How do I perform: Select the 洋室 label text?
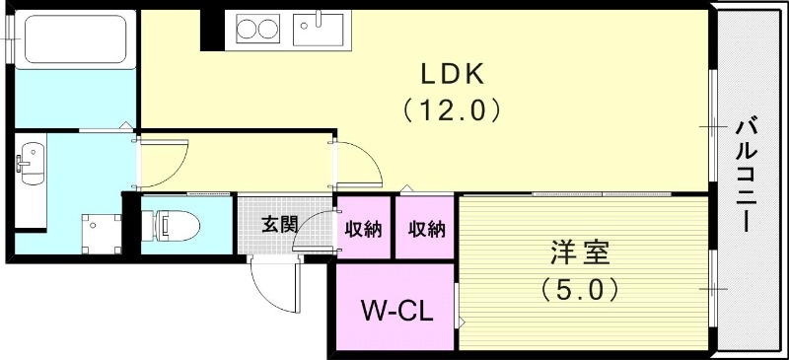pos(579,252)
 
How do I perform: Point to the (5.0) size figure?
pos(579,290)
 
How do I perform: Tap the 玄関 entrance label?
pos(279,224)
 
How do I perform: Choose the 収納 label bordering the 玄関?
pos(364,229)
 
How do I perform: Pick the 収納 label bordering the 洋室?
pos(426,229)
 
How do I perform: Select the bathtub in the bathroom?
pos(75,40)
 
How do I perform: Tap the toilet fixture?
pos(172,225)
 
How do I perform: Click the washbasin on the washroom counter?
pos(32,161)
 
